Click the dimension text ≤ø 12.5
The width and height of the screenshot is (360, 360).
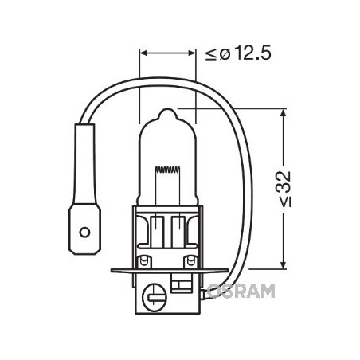pos(238,54)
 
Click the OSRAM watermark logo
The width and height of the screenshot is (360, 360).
pos(239,292)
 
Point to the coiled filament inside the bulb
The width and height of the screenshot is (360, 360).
pos(167,170)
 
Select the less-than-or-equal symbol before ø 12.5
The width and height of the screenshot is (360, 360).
pos(211,54)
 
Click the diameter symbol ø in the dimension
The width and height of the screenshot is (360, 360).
pos(224,54)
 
